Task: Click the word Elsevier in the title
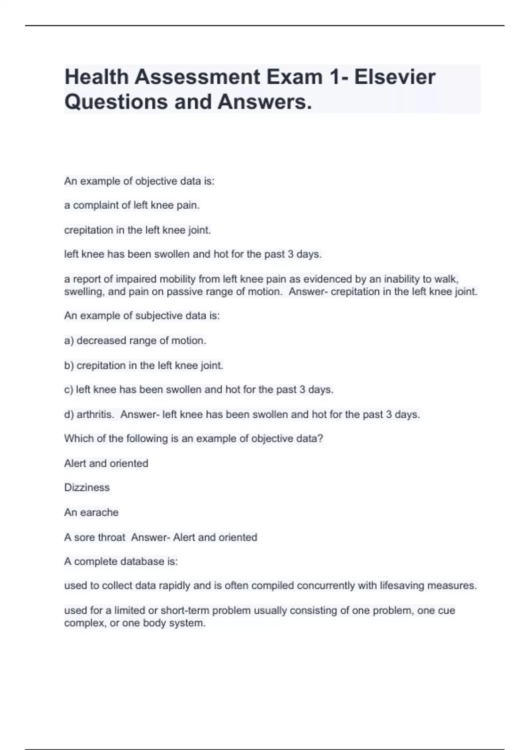click(394, 77)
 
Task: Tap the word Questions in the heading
click(116, 102)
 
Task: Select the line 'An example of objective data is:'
click(139, 181)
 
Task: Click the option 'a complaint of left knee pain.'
click(132, 206)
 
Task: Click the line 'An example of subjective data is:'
click(142, 316)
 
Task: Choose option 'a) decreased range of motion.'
click(135, 341)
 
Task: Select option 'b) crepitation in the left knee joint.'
click(144, 365)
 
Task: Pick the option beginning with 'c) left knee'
click(199, 390)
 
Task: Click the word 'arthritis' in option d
click(95, 415)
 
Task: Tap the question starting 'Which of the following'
click(193, 439)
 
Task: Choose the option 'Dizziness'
click(87, 487)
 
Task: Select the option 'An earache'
click(91, 513)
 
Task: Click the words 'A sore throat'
click(95, 537)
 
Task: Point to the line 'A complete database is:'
click(121, 562)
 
